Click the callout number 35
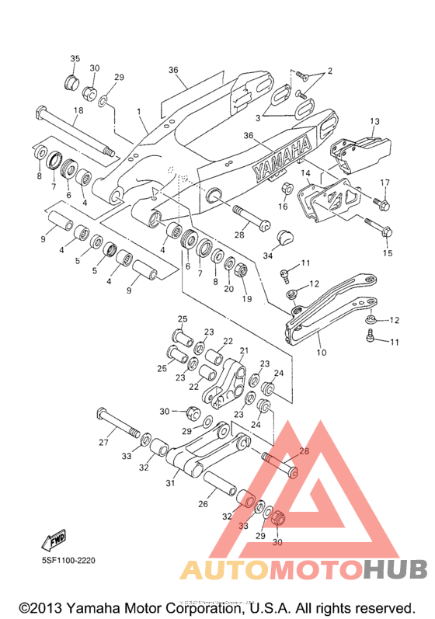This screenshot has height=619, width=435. coord(75,59)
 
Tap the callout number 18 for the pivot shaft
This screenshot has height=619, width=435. coord(78,110)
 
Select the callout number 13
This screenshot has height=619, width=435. coord(374,121)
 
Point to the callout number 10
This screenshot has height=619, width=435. coord(322,352)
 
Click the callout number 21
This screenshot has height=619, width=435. coord(245,350)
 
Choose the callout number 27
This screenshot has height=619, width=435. coord(103,443)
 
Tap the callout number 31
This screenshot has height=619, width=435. coord(170,483)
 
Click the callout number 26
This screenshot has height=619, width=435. coord(203,504)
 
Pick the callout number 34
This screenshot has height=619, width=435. coord(268,256)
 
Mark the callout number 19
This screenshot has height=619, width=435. coord(247,299)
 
